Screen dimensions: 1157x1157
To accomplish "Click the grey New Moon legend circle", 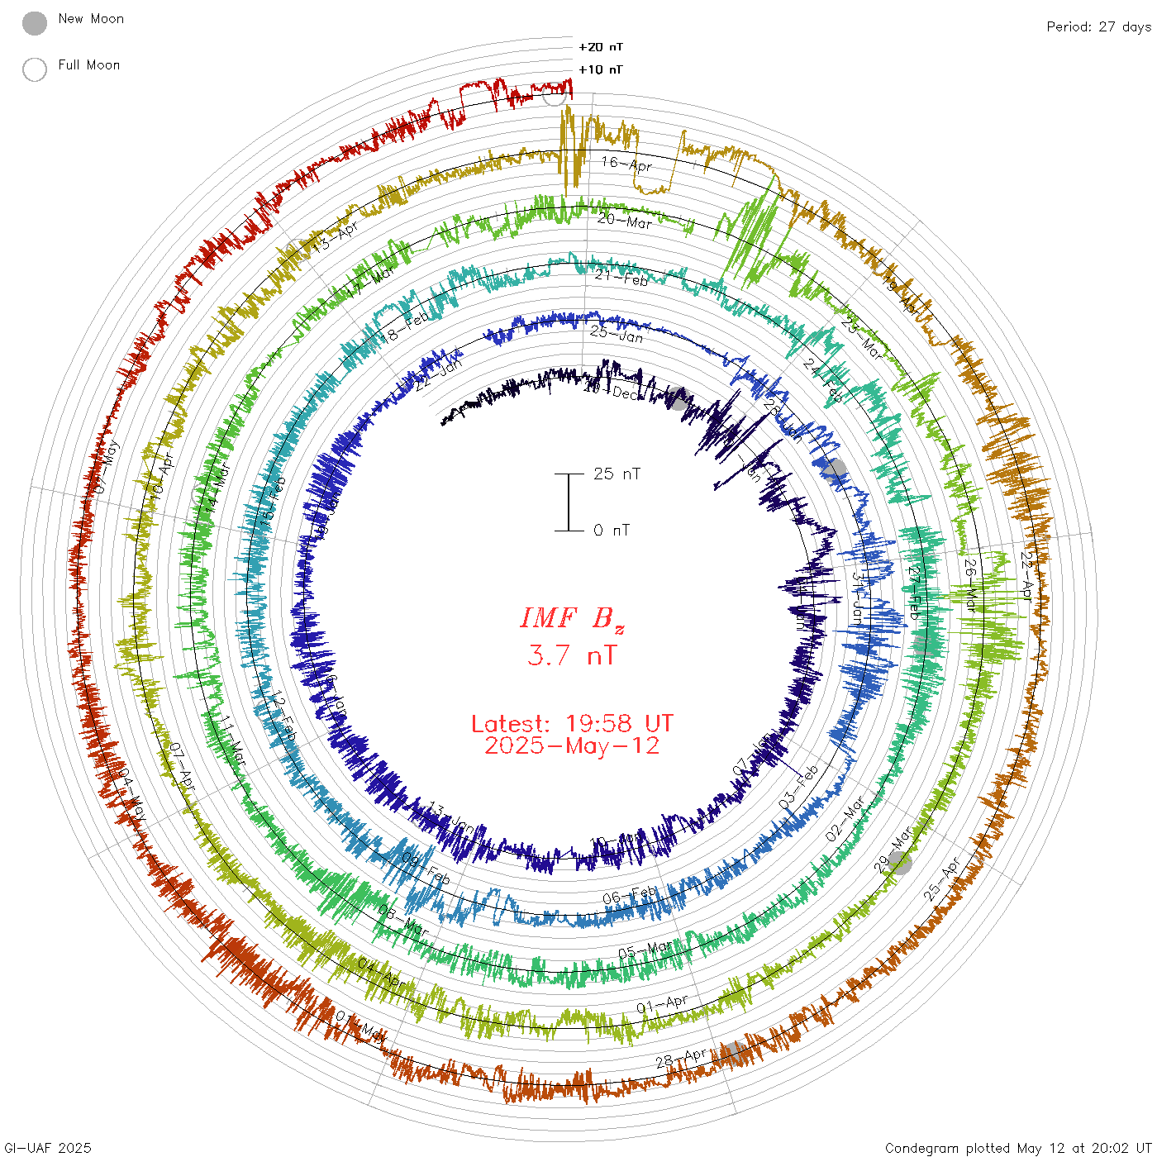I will tap(35, 23).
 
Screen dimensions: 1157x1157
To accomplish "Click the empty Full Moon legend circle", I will tap(35, 69).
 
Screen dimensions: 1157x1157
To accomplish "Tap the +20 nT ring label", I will tap(601, 47).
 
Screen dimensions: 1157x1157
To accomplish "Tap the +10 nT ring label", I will tap(601, 69).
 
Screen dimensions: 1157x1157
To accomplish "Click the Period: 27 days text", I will tap(1098, 27).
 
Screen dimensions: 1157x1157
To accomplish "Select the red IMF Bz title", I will tap(572, 619).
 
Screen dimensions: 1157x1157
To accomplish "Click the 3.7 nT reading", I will tap(572, 656).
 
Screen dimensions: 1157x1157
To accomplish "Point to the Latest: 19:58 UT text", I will tap(572, 724).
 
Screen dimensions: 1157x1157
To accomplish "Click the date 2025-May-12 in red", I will tap(572, 746).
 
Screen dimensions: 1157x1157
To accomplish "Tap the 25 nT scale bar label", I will tap(617, 474).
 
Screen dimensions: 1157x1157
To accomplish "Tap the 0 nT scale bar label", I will tap(612, 531).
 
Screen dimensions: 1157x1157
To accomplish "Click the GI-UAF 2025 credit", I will tap(46, 1148).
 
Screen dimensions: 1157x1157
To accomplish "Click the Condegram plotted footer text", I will tap(1017, 1148).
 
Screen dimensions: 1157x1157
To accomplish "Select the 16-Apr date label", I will tap(626, 164).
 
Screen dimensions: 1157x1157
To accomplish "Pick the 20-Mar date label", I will tap(625, 221).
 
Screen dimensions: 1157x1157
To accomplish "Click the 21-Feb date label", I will tap(621, 279).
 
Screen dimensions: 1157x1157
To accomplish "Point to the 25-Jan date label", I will tap(617, 335).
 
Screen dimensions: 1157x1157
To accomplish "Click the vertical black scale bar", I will tap(569, 502).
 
